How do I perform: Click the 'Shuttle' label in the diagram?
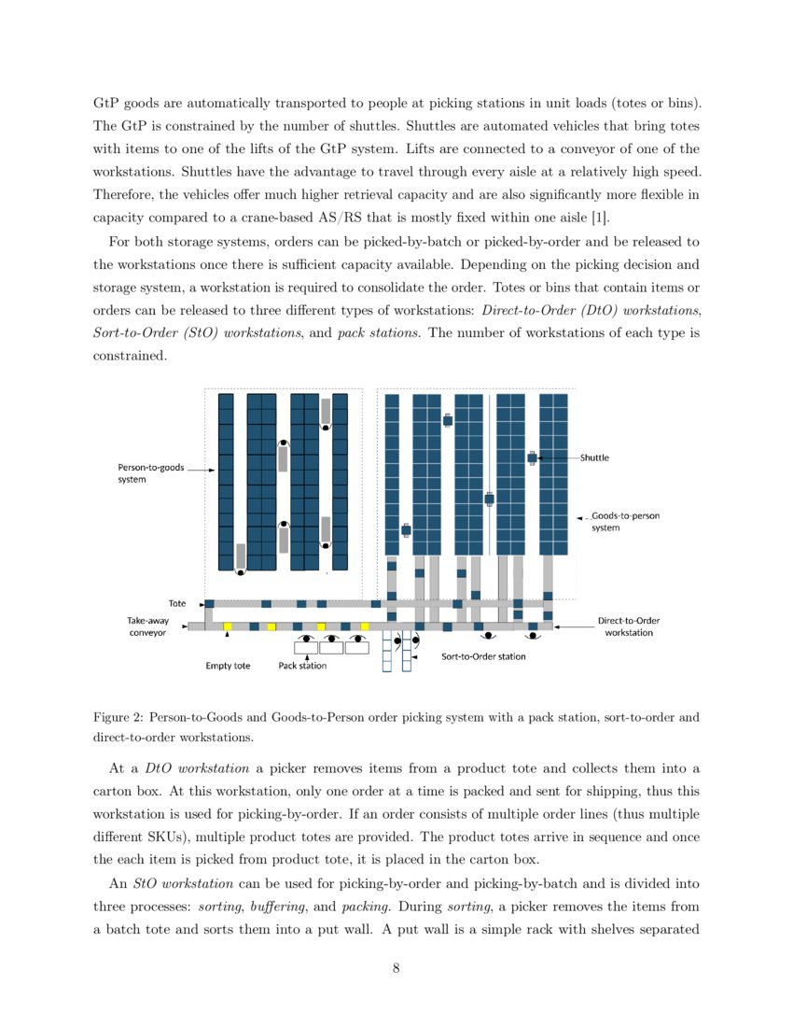(594, 457)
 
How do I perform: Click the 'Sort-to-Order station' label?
(483, 656)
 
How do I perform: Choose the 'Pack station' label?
(302, 666)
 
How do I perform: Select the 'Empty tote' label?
(228, 666)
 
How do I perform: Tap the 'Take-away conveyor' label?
(146, 626)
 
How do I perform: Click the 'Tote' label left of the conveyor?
(177, 603)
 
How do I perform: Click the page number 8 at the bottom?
(396, 967)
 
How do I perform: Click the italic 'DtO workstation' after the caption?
(197, 767)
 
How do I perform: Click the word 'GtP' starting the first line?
(107, 101)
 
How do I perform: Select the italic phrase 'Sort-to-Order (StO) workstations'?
(197, 333)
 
